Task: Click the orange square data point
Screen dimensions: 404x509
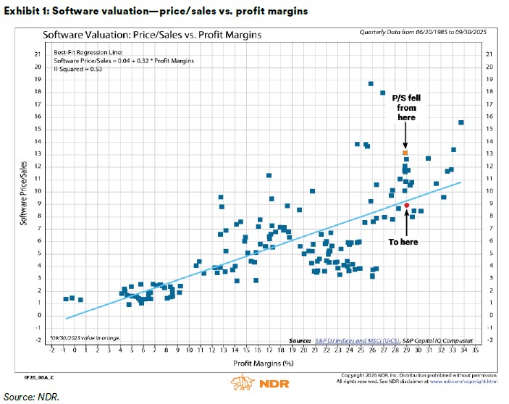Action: click(405, 153)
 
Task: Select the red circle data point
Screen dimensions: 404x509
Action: click(407, 206)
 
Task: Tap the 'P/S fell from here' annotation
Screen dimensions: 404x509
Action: click(405, 108)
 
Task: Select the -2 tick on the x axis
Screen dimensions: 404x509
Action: click(52, 350)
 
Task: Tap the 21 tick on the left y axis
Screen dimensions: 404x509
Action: click(38, 55)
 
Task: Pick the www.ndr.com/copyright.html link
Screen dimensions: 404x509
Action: click(471, 380)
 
